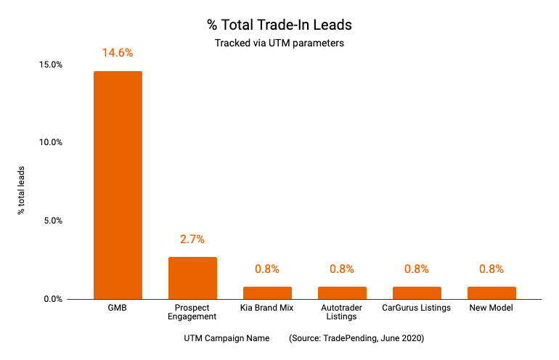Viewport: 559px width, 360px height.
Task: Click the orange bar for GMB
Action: point(118,185)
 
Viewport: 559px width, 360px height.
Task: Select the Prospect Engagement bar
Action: point(192,278)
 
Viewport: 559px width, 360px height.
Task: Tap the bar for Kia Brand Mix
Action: point(267,292)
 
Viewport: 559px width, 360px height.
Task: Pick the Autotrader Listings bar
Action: point(342,292)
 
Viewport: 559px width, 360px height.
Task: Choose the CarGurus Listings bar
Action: point(417,292)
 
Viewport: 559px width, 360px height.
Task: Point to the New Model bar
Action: point(491,292)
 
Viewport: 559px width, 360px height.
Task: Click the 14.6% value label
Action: point(118,53)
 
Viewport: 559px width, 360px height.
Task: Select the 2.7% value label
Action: point(192,239)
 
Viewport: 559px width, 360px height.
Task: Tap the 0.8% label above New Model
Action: point(491,269)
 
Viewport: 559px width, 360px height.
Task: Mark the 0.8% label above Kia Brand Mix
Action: point(267,269)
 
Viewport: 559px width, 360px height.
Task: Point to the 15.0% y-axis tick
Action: point(51,65)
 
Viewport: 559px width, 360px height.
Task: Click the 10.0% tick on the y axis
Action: point(51,142)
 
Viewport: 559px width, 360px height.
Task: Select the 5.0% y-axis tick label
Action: point(53,221)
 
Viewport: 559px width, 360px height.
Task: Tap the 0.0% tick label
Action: point(53,299)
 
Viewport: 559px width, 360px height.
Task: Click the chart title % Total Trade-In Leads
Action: point(279,25)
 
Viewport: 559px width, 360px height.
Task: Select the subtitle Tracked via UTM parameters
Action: point(279,43)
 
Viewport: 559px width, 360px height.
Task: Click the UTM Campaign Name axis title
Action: point(227,338)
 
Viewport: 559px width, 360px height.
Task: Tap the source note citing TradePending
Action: point(356,338)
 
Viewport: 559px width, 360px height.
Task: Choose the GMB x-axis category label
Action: point(118,308)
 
